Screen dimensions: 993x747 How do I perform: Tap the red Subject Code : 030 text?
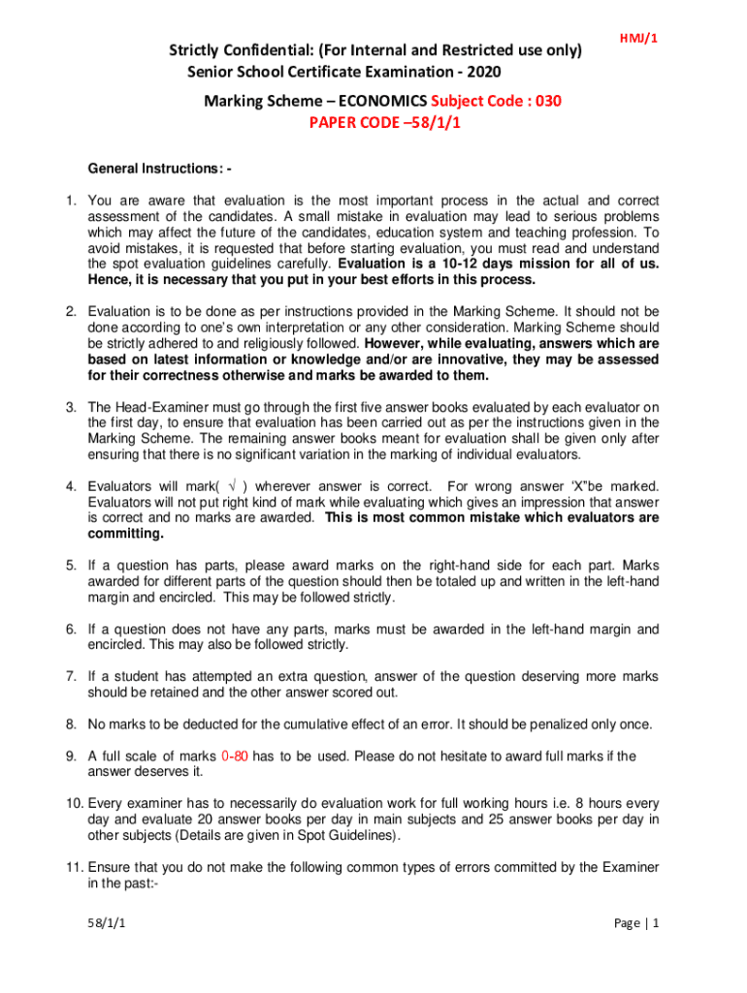click(x=497, y=101)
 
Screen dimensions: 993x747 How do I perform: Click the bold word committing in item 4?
click(x=126, y=533)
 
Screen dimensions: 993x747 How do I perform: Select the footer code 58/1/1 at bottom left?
click(x=109, y=923)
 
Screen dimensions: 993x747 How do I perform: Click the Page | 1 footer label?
click(x=637, y=923)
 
